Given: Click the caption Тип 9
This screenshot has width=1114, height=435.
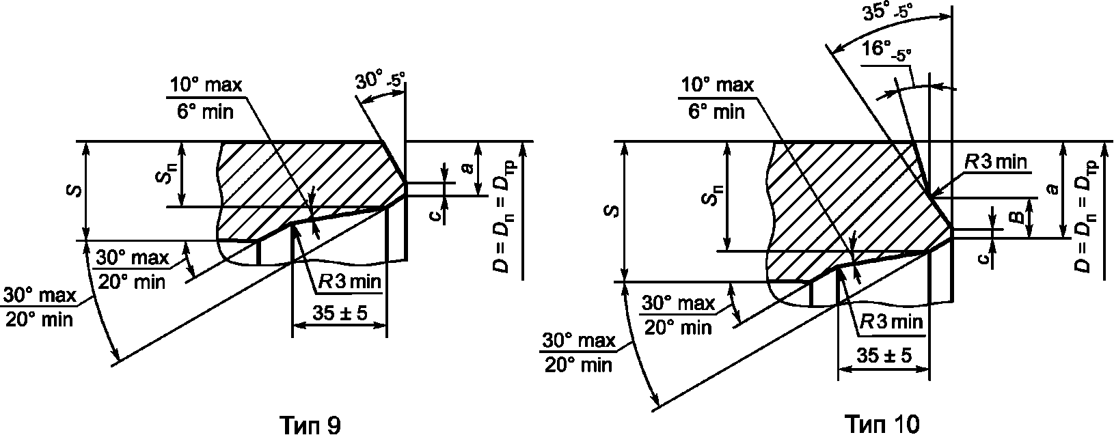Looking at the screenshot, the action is click(x=311, y=424).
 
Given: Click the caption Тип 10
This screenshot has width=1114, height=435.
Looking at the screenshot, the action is click(x=882, y=424).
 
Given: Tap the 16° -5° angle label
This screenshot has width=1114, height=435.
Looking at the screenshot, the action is click(x=886, y=51).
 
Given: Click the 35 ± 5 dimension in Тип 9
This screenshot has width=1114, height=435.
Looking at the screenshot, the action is click(x=340, y=313).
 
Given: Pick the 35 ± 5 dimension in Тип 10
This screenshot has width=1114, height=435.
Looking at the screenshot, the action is click(x=884, y=356).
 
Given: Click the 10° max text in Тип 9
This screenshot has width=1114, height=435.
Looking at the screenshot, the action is click(x=206, y=85).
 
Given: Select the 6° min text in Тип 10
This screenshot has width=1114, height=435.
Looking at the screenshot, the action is click(x=716, y=112).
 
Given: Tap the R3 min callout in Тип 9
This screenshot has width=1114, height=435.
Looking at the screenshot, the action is click(x=350, y=283).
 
